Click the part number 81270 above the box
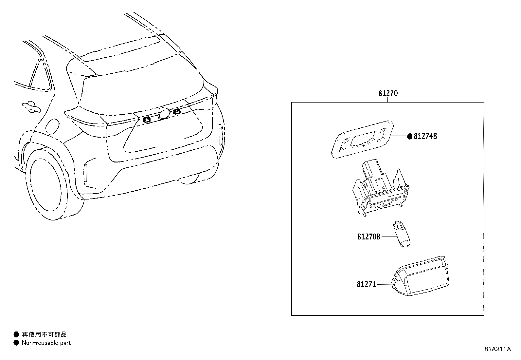pos(388,93)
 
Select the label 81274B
pos(425,136)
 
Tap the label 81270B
pos(369,237)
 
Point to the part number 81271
pos(366,284)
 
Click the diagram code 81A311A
pos(498,349)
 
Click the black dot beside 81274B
pos(410,136)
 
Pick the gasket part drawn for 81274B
pos(362,139)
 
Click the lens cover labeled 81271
pos(420,276)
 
